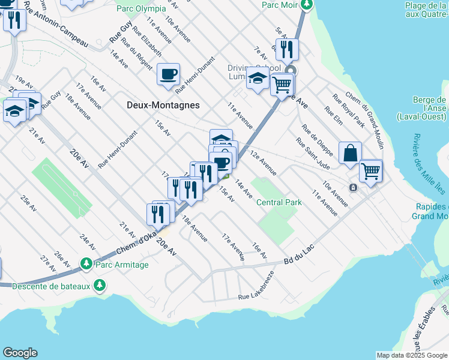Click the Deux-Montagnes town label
pyautogui.click(x=163, y=104)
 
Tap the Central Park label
pyautogui.click(x=279, y=202)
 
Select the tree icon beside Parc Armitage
pyautogui.click(x=86, y=264)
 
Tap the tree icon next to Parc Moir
pyautogui.click(x=307, y=5)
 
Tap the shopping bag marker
pyautogui.click(x=350, y=152)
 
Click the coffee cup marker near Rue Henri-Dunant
pyautogui.click(x=168, y=74)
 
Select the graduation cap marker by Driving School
pyautogui.click(x=258, y=79)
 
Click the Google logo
pyautogui.click(x=20, y=353)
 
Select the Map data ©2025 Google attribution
pyautogui.click(x=412, y=355)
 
